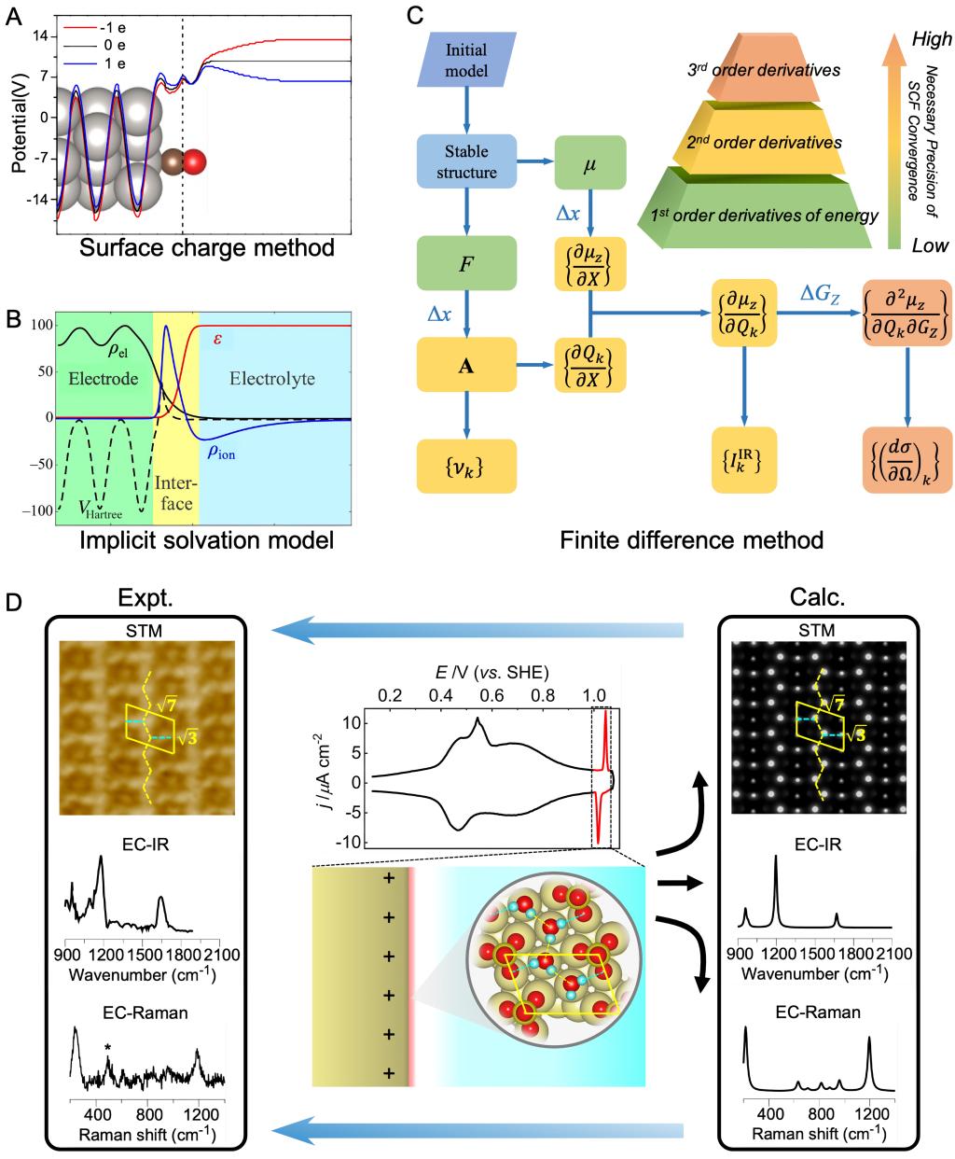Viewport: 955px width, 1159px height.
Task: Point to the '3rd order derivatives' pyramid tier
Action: tap(761, 69)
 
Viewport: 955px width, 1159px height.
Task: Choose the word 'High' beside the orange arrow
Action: tap(931, 39)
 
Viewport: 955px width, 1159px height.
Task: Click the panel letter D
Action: tap(14, 604)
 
